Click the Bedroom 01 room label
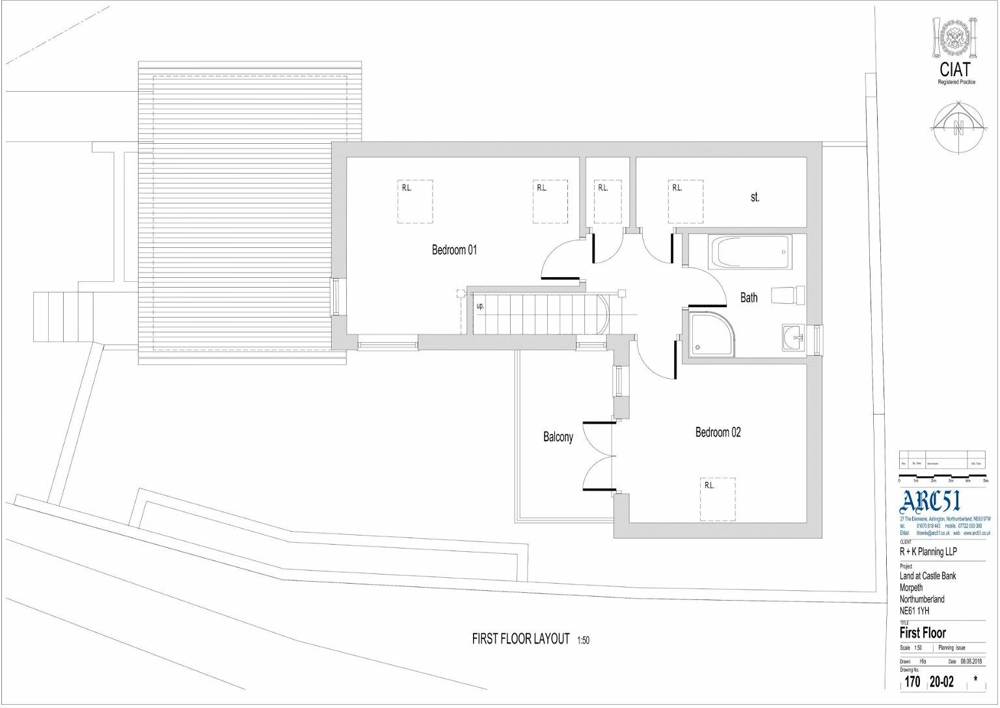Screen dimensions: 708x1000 tap(454, 250)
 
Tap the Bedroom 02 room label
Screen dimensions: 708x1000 tap(718, 432)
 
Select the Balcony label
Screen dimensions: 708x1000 tap(558, 437)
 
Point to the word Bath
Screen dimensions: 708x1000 tap(749, 297)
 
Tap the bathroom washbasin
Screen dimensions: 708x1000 tap(794, 338)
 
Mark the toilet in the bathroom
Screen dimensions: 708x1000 tap(789, 295)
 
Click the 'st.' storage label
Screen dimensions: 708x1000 tap(755, 197)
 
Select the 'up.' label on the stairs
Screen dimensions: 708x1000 tap(480, 306)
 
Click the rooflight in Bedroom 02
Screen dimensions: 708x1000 tap(718, 499)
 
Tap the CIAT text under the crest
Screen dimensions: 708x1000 tap(954, 69)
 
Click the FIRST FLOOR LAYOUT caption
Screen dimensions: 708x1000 tap(520, 639)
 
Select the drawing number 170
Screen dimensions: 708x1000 tap(912, 682)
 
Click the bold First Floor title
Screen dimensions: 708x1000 tap(923, 633)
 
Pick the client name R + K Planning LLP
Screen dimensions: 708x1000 tap(928, 552)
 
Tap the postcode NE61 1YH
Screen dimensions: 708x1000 tap(914, 611)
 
